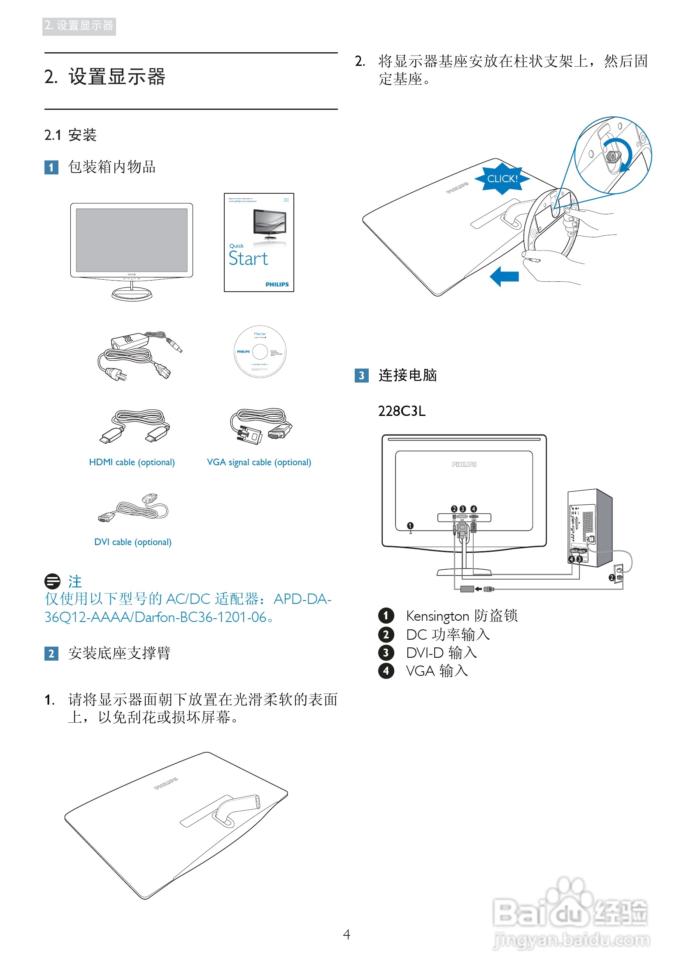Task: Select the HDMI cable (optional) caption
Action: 132,462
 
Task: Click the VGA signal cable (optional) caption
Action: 258,462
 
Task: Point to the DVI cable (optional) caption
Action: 133,542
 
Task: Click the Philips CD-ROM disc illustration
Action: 260,352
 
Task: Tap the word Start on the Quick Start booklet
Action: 249,259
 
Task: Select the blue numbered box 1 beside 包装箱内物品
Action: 51,167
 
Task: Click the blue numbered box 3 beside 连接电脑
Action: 361,376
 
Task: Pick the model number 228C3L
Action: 402,411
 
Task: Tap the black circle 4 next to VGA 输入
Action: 386,671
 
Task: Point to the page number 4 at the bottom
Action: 346,935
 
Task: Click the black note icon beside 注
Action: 52,581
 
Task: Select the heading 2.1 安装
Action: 70,135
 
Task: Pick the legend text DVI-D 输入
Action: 441,653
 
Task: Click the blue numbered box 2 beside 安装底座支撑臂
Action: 51,654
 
